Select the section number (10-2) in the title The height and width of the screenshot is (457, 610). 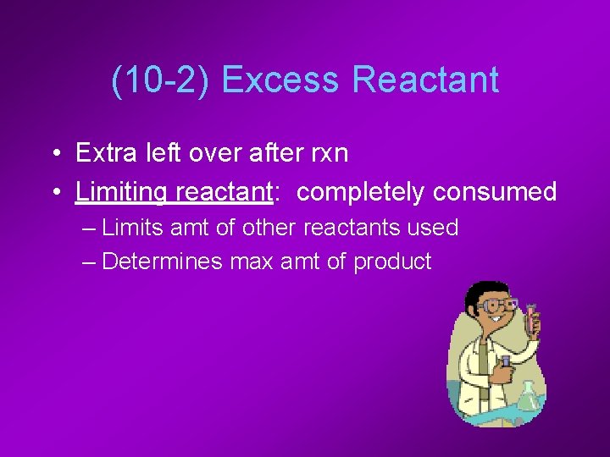(161, 80)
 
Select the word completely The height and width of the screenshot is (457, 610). (361, 192)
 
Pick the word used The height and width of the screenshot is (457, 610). (435, 228)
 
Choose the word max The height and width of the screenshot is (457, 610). (254, 262)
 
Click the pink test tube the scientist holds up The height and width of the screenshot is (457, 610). (532, 317)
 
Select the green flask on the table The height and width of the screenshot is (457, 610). (529, 395)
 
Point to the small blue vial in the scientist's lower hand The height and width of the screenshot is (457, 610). (506, 362)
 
